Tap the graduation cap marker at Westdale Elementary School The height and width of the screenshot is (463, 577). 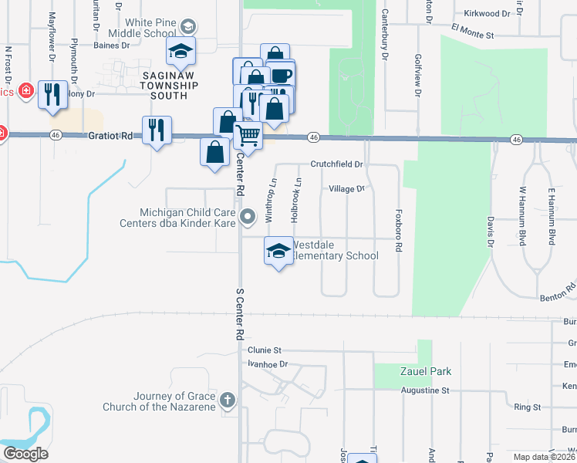pyautogui.click(x=278, y=250)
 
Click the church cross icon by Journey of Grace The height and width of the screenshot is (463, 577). pyautogui.click(x=227, y=400)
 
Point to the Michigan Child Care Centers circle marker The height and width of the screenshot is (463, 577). pyautogui.click(x=248, y=217)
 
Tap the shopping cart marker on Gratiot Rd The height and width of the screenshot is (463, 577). pyautogui.click(x=248, y=135)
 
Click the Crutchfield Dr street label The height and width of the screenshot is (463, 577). pyautogui.click(x=336, y=164)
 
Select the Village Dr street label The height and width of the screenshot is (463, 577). pyautogui.click(x=346, y=188)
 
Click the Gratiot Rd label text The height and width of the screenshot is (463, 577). pyautogui.click(x=116, y=135)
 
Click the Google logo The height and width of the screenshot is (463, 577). pyautogui.click(x=25, y=454)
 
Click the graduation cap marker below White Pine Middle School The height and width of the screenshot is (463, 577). pyautogui.click(x=181, y=51)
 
